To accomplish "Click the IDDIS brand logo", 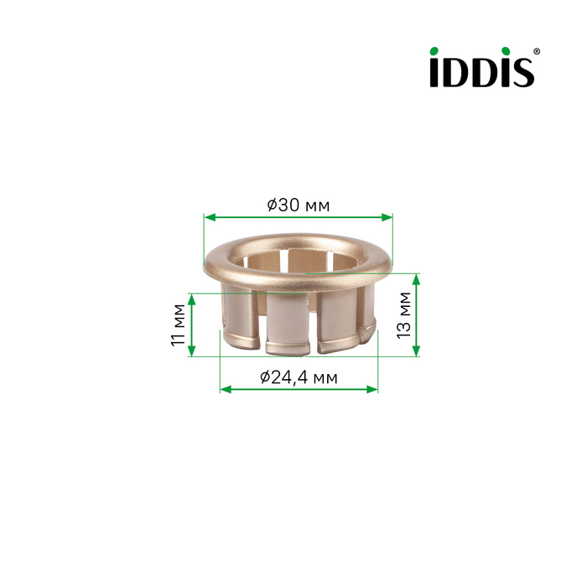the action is (485, 67).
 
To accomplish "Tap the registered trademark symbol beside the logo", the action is (537, 51).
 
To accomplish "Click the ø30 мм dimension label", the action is (299, 205).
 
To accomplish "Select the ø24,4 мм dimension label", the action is (299, 377).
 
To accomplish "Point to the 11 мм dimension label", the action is (178, 325).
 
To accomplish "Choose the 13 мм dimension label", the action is (403, 315).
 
